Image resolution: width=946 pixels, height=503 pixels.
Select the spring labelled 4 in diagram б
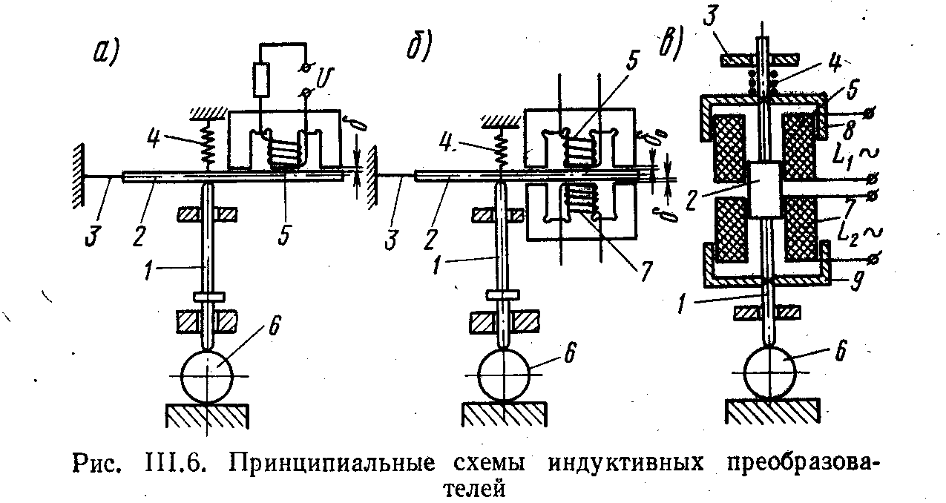pyautogui.click(x=502, y=151)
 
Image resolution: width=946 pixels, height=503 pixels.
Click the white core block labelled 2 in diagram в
pyautogui.click(x=764, y=188)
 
